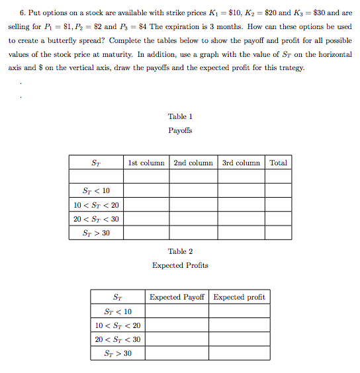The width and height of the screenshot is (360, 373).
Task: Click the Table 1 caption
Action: [x=180, y=116]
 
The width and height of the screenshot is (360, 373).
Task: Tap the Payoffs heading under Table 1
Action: [x=180, y=130]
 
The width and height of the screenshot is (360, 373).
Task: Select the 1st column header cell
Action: [x=147, y=163]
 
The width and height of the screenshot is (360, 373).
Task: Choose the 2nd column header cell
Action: [x=193, y=163]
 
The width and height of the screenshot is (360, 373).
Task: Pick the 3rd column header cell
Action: [x=242, y=163]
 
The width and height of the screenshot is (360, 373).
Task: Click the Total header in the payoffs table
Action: [x=279, y=163]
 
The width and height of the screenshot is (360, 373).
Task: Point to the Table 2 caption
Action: [x=180, y=251]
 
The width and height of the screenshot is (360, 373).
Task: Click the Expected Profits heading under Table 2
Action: [x=180, y=265]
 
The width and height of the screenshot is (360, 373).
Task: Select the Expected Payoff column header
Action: [x=177, y=298]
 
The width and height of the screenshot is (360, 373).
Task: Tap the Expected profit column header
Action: [x=239, y=298]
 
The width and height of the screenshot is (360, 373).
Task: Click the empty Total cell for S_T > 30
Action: [x=279, y=233]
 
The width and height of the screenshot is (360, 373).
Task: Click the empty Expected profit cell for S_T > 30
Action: [x=239, y=353]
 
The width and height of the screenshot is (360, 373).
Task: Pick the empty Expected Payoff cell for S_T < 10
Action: [x=177, y=311]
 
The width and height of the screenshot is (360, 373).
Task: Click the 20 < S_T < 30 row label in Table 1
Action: [x=97, y=219]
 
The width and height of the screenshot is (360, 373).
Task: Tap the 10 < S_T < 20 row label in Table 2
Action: [x=118, y=325]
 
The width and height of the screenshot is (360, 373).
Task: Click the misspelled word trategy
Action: [x=289, y=68]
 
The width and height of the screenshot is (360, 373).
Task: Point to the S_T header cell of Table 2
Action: [x=118, y=298]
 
